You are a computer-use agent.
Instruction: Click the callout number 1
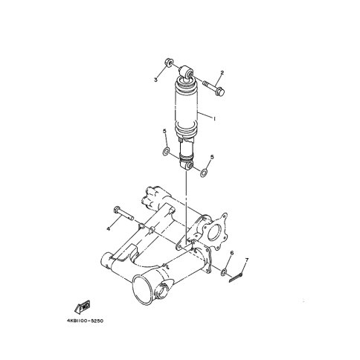pyautogui.click(x=215, y=119)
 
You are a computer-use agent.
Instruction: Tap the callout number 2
pyautogui.click(x=222, y=73)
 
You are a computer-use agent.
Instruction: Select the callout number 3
pyautogui.click(x=155, y=80)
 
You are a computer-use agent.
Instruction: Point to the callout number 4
pyautogui.click(x=108, y=229)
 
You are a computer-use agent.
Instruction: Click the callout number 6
pyautogui.click(x=232, y=253)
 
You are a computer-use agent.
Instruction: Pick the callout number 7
pyautogui.click(x=247, y=260)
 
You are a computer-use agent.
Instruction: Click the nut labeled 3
pyautogui.click(x=169, y=62)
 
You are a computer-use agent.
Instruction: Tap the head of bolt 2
pyautogui.click(x=220, y=91)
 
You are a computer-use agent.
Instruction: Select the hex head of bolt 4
pyautogui.click(x=117, y=210)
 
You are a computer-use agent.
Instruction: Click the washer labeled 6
pyautogui.click(x=224, y=272)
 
